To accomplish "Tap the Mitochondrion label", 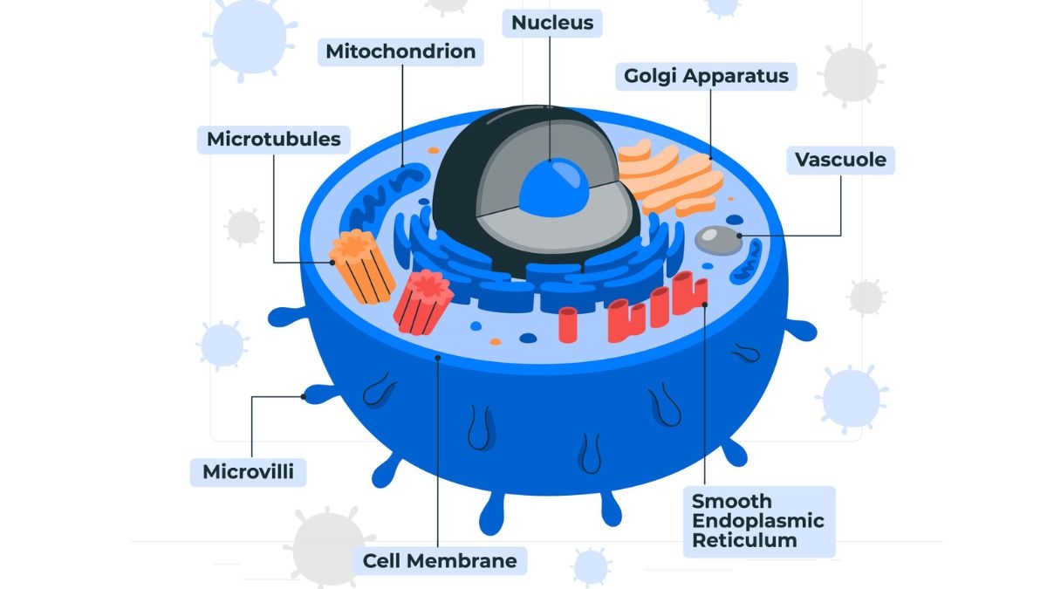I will click(400, 51).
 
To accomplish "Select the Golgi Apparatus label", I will click(706, 76).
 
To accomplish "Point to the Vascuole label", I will click(840, 160).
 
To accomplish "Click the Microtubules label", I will click(273, 139).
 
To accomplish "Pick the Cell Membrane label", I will click(440, 560).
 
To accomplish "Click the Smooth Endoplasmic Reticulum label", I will click(757, 521).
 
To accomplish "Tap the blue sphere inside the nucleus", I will click(553, 187).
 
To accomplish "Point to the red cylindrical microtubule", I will click(423, 302).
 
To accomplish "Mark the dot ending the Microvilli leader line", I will click(304, 397).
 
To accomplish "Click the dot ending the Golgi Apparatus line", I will click(710, 158).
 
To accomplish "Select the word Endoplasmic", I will click(757, 521).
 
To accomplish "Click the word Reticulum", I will click(744, 541).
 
